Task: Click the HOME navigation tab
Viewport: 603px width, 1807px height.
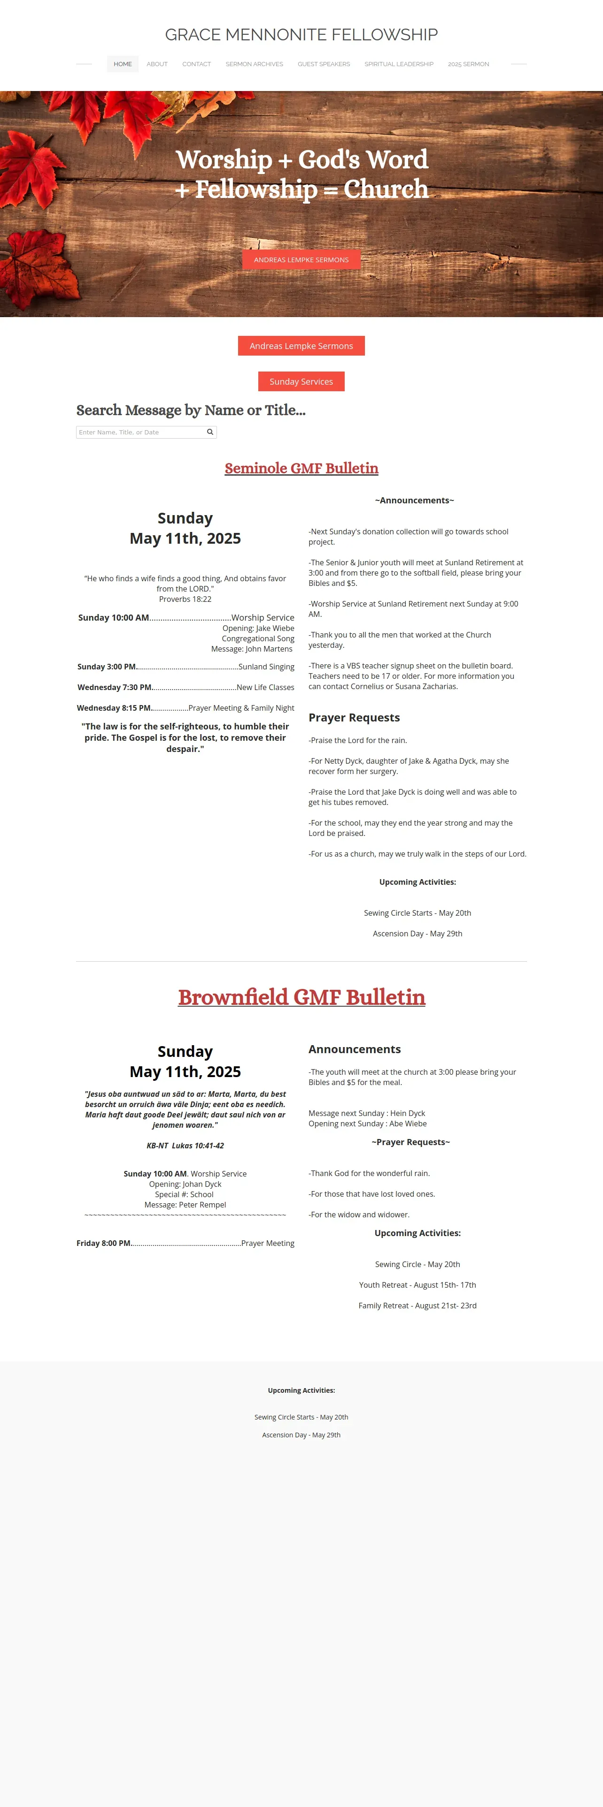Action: (123, 64)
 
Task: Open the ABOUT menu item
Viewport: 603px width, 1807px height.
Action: (156, 64)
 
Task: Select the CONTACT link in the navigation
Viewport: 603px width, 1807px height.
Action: (197, 64)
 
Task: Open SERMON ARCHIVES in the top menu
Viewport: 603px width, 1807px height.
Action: (254, 64)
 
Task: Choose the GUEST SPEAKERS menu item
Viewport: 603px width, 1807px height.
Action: (324, 64)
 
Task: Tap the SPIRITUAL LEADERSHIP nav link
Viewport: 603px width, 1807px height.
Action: (399, 64)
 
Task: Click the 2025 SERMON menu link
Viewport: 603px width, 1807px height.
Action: (468, 64)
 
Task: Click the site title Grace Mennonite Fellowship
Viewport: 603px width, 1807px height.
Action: (301, 34)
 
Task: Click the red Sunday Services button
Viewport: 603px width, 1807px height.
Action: (301, 381)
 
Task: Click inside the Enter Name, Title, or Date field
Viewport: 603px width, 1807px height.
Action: (140, 432)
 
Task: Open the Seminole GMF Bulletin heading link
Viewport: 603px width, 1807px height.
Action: (301, 468)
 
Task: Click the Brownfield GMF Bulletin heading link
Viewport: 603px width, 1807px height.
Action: (301, 997)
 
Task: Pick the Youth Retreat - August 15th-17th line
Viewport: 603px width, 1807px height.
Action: (417, 1285)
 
